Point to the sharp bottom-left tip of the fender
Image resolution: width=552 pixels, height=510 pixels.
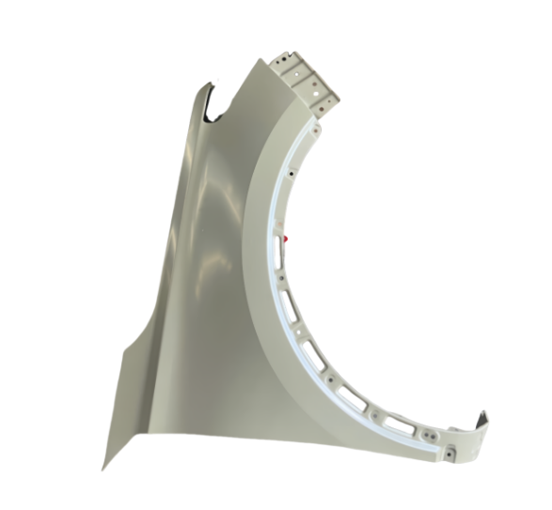pos(103,467)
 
